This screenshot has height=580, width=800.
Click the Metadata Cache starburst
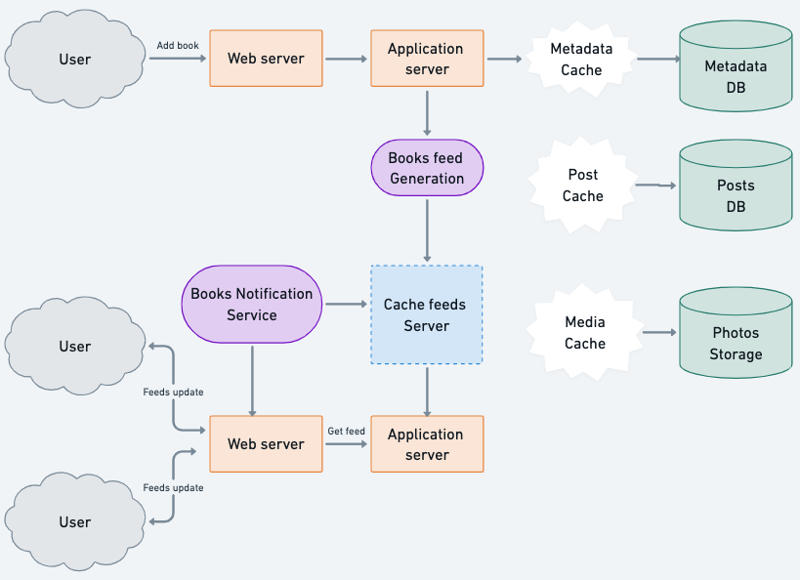point(581,60)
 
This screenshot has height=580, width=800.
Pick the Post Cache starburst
point(582,186)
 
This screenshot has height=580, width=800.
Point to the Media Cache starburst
point(584,333)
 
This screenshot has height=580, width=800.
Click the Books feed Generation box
point(427,168)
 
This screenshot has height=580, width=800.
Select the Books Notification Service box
point(251,305)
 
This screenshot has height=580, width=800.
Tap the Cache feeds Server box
point(426,315)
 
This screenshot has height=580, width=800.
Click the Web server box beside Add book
point(266,59)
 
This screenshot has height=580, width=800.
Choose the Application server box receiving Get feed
point(427,444)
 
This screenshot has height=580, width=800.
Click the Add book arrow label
point(178,46)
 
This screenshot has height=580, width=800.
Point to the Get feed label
point(346,431)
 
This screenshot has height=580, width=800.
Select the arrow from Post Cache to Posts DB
point(655,185)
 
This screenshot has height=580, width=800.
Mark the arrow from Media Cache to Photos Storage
point(659,333)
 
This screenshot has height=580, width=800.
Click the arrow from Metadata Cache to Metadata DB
point(657,60)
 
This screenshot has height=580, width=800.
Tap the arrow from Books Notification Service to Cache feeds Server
point(346,305)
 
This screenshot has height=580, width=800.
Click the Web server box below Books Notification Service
point(266,444)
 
